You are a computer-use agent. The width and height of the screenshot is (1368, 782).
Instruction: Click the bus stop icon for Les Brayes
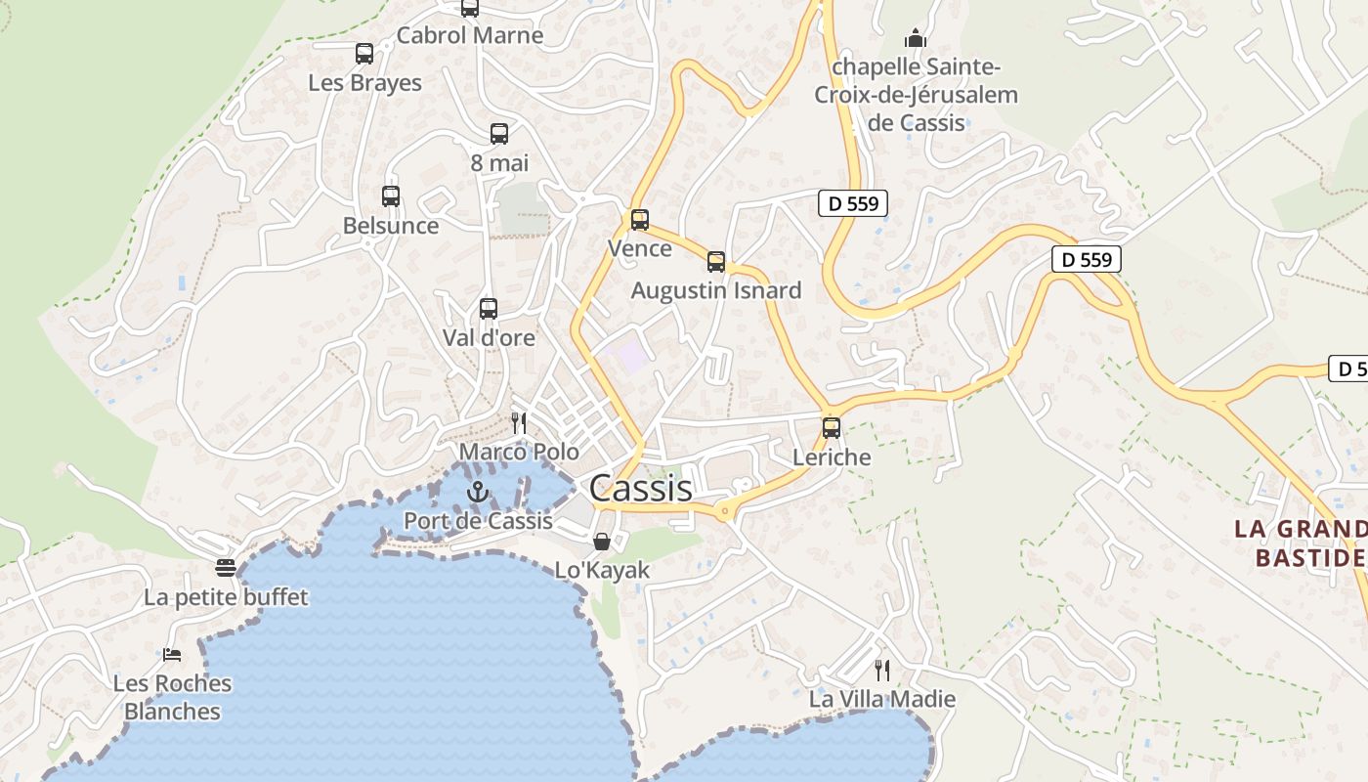point(364,54)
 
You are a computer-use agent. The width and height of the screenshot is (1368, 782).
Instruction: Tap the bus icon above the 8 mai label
point(499,134)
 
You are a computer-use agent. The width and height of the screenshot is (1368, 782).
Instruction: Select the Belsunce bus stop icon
point(391,196)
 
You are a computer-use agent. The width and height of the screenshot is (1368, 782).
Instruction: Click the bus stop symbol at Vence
point(640,220)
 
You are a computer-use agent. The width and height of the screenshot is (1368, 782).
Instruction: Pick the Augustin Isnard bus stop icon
point(716,262)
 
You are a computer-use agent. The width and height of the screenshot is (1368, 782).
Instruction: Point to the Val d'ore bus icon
point(489,309)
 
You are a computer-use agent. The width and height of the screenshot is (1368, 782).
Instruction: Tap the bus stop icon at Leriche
point(832,428)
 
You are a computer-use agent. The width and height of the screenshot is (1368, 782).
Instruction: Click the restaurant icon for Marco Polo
point(519,422)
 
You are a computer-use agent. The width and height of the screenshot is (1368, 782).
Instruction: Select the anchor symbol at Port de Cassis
point(478,492)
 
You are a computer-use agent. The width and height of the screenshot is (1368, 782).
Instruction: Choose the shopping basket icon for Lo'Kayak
point(602,541)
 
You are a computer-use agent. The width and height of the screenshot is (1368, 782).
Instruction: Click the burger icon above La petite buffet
point(227,568)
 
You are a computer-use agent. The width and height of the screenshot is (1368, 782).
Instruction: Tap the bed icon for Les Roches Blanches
point(172,654)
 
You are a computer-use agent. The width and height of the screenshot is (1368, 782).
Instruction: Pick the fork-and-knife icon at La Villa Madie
point(882,671)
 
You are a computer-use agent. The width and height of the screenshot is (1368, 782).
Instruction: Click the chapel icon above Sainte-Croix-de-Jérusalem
point(916,38)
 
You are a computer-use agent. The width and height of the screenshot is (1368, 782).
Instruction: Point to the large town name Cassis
point(641,488)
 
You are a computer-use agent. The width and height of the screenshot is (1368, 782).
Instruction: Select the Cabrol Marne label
point(470,36)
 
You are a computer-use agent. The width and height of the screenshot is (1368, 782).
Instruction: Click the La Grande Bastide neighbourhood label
point(1299,543)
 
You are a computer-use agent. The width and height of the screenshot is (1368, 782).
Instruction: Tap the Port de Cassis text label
point(479,521)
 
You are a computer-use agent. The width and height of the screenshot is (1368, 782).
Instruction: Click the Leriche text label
point(832,457)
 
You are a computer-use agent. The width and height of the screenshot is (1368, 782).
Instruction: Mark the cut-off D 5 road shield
point(1349,369)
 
